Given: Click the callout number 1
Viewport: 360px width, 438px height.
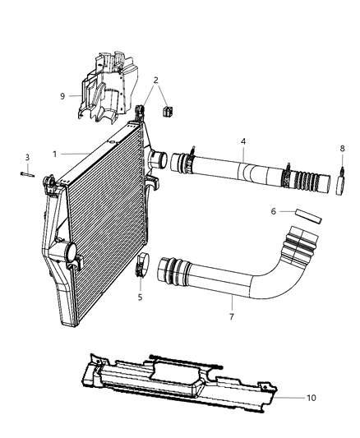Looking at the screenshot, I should click(x=55, y=154).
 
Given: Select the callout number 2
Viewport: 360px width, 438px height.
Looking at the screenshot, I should click(x=155, y=80).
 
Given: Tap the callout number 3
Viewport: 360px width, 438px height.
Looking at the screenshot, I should click(x=26, y=157).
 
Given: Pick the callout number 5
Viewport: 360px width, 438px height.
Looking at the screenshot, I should click(x=140, y=297).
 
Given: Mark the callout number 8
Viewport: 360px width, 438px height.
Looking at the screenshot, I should click(x=343, y=149).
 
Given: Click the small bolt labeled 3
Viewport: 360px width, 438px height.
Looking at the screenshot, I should click(x=26, y=172).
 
